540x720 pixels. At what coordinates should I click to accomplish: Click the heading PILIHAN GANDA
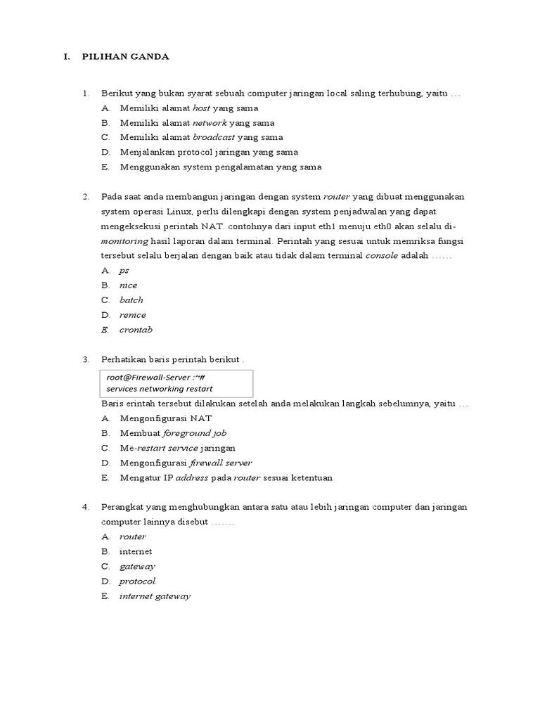(125, 57)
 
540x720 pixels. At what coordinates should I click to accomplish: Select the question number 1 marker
(85, 94)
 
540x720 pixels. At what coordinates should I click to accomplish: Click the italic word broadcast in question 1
(214, 137)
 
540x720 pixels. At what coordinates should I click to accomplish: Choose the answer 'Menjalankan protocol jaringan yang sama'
(208, 152)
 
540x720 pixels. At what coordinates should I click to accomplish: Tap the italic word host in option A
(203, 108)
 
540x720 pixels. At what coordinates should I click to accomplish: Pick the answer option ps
(124, 270)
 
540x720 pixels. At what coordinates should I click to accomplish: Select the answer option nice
(128, 285)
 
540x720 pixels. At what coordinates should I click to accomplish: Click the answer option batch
(131, 300)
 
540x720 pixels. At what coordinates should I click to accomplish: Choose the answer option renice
(132, 314)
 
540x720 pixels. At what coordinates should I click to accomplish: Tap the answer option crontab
(136, 329)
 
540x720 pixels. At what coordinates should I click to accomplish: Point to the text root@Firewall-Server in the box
(146, 377)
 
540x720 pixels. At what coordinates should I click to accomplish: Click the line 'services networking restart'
(160, 388)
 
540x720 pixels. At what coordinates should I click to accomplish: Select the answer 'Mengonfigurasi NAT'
(166, 418)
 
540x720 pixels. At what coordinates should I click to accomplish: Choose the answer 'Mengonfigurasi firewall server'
(186, 463)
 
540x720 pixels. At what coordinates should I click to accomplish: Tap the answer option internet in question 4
(136, 551)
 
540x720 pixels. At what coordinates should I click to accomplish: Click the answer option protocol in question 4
(137, 581)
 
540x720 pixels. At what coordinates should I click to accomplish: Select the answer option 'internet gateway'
(155, 596)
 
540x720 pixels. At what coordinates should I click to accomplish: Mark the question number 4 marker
(85, 507)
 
